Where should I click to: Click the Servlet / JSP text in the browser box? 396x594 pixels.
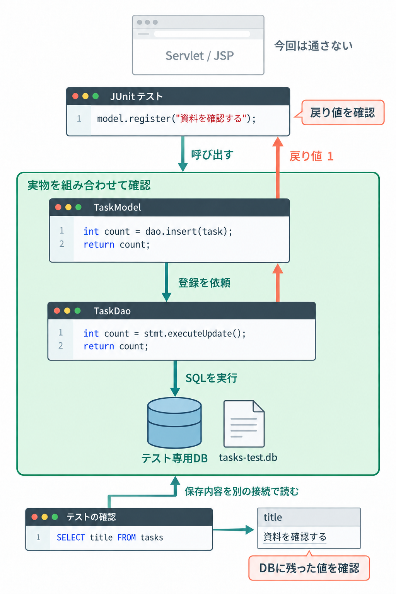click(200, 56)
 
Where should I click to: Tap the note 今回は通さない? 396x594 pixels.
click(313, 46)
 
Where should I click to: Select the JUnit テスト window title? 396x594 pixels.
click(137, 96)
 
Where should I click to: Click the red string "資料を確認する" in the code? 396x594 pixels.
click(211, 118)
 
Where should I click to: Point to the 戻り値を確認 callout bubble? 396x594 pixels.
click(342, 113)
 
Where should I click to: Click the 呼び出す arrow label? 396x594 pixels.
click(212, 155)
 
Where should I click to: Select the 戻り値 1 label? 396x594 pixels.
click(311, 156)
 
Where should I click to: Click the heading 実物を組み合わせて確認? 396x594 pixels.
click(89, 185)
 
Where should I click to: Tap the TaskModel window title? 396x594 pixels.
click(117, 207)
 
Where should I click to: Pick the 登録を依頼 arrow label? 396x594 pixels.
click(204, 283)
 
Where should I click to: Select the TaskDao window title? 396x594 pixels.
click(112, 311)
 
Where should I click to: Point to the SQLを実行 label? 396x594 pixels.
click(211, 378)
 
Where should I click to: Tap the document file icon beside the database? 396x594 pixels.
click(244, 424)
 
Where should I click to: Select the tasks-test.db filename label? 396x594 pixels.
click(248, 457)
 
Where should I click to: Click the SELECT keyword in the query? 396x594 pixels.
click(71, 537)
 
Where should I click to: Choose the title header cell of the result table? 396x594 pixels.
click(309, 517)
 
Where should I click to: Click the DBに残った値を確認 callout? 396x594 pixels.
click(309, 568)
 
